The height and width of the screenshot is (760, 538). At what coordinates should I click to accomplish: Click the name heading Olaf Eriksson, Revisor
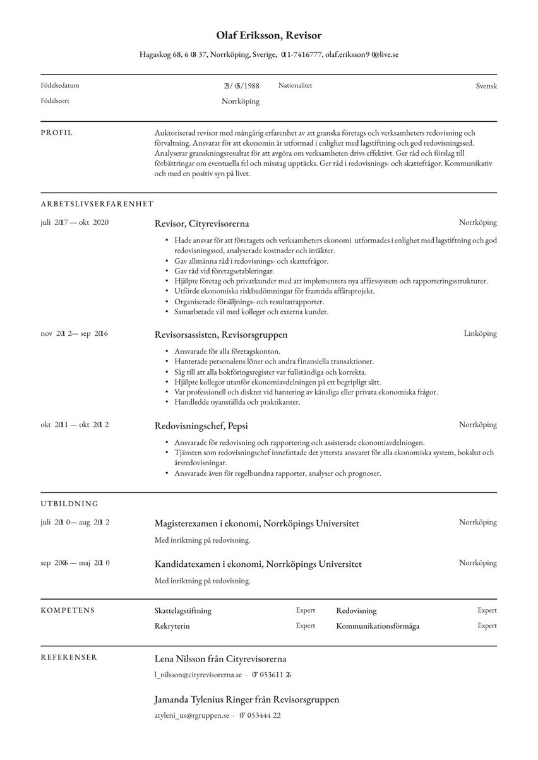click(269, 36)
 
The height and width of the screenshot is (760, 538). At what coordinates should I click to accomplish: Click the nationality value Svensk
click(486, 86)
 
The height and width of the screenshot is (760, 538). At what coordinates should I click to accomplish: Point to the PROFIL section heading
click(57, 133)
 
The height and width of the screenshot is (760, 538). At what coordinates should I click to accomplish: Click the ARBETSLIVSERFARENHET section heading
click(97, 204)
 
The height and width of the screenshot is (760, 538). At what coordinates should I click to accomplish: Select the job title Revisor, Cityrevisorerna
click(201, 223)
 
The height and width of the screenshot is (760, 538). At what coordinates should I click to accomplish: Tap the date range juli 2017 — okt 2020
click(75, 223)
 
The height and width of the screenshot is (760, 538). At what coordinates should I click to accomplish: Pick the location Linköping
click(480, 333)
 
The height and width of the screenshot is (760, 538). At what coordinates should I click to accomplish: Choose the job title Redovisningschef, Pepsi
click(197, 426)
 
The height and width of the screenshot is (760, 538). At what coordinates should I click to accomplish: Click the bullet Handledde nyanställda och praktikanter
click(236, 402)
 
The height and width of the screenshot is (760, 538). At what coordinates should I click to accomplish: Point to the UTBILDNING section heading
click(69, 504)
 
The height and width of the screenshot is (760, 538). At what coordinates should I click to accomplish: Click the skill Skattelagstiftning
click(183, 611)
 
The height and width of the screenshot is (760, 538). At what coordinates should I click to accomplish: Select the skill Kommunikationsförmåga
click(378, 626)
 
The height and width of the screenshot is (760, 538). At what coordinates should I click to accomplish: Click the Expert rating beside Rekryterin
click(305, 626)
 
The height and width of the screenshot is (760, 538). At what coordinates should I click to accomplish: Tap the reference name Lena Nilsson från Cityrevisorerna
click(220, 659)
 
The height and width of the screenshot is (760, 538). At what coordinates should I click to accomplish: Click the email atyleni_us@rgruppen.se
click(191, 715)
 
